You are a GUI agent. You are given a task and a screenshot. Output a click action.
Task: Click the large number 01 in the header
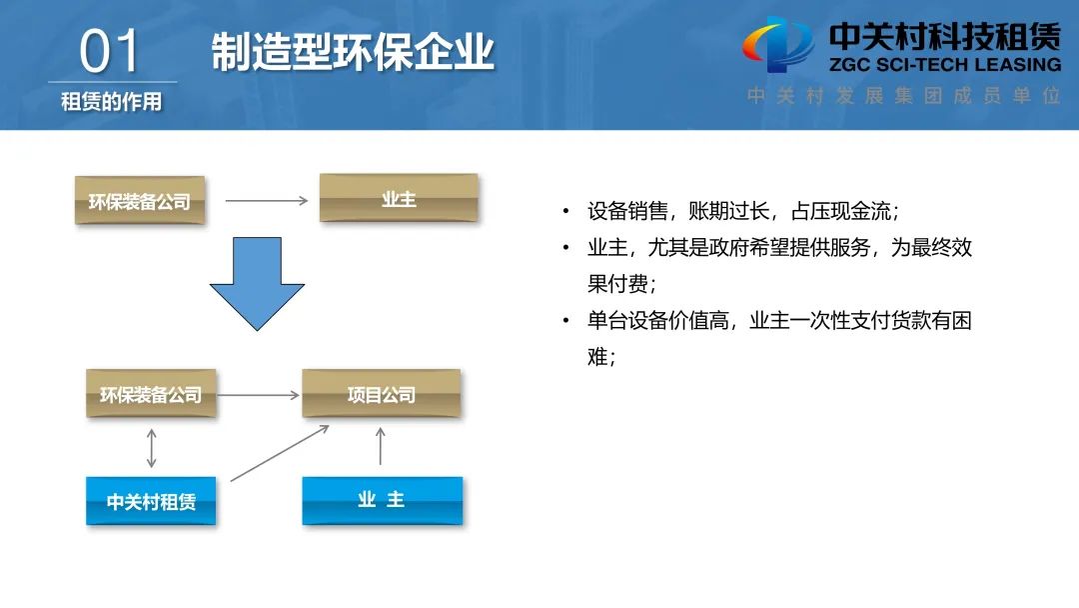111,52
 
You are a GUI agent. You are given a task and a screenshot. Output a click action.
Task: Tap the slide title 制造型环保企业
353,52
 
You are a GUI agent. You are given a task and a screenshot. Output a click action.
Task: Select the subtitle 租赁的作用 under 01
111,102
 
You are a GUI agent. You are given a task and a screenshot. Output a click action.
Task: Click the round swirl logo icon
777,45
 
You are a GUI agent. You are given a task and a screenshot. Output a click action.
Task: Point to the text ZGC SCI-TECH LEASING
944,64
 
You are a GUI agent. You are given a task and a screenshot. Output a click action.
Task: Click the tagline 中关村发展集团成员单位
904,97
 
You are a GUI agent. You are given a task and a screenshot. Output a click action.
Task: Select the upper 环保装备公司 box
140,200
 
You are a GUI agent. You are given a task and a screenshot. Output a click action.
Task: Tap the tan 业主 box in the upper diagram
399,198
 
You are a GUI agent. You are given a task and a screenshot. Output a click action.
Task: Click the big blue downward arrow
257,284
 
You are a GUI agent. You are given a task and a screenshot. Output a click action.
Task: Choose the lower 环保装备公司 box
151,394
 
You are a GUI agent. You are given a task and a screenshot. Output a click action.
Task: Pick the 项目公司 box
381,394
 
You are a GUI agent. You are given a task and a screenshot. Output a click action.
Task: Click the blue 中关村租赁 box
151,501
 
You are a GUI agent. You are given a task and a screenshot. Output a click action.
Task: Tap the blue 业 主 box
382,499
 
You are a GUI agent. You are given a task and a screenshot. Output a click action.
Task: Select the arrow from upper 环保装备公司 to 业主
266,200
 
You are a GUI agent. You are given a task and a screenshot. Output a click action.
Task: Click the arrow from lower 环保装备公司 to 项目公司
258,395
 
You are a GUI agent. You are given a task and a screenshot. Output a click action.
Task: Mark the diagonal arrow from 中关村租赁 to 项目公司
280,453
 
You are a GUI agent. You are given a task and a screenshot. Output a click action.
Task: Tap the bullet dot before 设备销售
565,212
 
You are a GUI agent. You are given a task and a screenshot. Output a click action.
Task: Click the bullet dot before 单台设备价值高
565,321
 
